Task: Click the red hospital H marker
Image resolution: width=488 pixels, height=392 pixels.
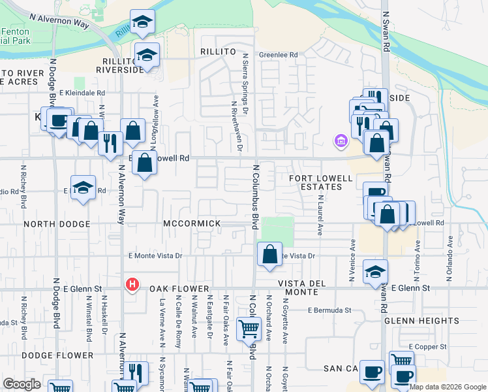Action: (132, 284)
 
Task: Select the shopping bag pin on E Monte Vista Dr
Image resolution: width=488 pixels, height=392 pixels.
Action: (269, 254)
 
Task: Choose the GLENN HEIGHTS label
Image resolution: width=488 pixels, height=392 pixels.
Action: (414, 321)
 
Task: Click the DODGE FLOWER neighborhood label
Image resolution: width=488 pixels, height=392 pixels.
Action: (57, 355)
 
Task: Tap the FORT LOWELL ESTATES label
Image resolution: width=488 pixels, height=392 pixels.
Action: (316, 182)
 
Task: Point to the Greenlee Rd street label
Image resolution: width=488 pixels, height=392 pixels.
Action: (278, 55)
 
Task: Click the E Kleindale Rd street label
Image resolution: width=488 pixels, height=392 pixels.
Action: (82, 93)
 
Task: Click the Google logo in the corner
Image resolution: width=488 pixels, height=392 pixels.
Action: (22, 384)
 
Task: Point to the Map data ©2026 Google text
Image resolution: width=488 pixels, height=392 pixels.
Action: (448, 387)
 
